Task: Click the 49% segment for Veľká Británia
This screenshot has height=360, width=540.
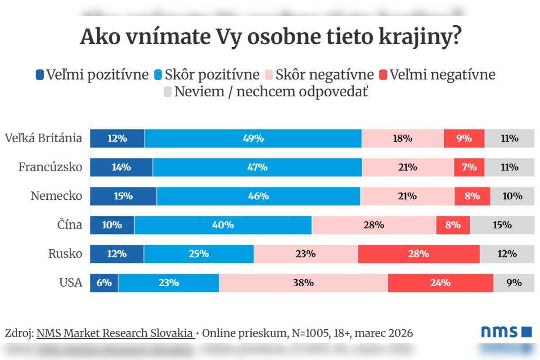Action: point(253,138)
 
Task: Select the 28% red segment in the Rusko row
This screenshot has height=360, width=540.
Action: point(418,254)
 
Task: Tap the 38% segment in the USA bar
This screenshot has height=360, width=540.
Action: point(303,283)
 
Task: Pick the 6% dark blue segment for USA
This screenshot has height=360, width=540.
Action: point(104,283)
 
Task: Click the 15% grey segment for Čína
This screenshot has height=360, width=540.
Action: point(502,225)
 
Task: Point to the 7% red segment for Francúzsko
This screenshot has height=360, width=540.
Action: point(469,167)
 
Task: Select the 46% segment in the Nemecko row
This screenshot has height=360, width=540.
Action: point(258,196)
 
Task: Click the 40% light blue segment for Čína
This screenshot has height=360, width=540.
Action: point(223,225)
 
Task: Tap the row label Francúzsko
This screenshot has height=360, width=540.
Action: point(50,167)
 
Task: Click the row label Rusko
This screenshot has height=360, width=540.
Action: point(65,254)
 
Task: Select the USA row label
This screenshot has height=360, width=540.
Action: point(71,283)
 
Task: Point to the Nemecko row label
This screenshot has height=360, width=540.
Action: point(57,196)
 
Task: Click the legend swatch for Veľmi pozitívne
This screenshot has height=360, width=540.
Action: point(40,75)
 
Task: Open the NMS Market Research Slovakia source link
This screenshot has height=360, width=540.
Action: point(115,333)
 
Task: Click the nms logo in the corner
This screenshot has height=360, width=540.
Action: point(506,332)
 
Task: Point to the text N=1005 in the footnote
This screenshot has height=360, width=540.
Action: point(306,333)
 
